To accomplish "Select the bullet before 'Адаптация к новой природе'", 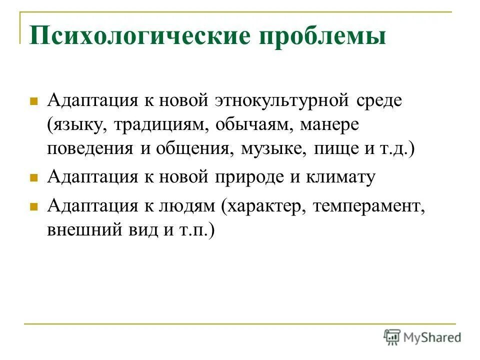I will (x=34, y=177).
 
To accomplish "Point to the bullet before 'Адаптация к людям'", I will (x=34, y=205).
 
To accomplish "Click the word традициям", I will (x=162, y=124).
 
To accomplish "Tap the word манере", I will (x=329, y=124).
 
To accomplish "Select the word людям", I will (x=189, y=205).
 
